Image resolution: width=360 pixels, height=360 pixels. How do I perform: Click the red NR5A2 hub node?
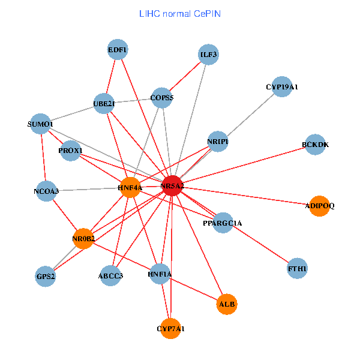pyautogui.click(x=172, y=186)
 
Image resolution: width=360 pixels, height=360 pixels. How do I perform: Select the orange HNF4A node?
pyautogui.click(x=130, y=188)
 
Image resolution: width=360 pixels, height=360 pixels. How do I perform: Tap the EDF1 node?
pyautogui.click(x=118, y=50)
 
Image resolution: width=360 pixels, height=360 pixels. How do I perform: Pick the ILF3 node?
pyautogui.click(x=208, y=55)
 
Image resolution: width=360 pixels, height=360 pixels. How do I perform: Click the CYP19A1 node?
pyautogui.click(x=282, y=87)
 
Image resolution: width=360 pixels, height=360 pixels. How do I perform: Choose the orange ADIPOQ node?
pyautogui.click(x=319, y=206)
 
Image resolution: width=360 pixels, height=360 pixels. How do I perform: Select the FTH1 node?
pyautogui.click(x=298, y=269)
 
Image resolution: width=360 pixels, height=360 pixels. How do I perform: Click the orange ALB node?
pyautogui.click(x=227, y=304)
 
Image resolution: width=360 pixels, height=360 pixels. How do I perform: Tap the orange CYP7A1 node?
pyautogui.click(x=171, y=328)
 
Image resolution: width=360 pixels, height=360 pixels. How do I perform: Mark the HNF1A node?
pyautogui.click(x=160, y=274)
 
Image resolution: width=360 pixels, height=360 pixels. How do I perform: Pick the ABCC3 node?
pyautogui.click(x=110, y=276)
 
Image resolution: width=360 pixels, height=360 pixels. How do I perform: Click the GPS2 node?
pyautogui.click(x=46, y=277)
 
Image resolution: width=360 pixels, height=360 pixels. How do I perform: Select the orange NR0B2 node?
pyautogui.click(x=83, y=239)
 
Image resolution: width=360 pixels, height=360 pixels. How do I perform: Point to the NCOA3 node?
pyautogui.click(x=46, y=192)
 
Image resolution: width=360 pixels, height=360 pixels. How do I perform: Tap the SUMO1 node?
pyautogui.click(x=41, y=124)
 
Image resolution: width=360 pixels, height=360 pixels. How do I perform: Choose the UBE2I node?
pyautogui.click(x=104, y=104)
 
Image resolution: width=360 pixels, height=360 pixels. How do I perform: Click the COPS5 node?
pyautogui.click(x=162, y=98)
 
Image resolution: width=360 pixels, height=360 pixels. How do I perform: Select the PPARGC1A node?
pyautogui.click(x=223, y=223)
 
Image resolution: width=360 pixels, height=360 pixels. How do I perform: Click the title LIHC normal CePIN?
pyautogui.click(x=179, y=13)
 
